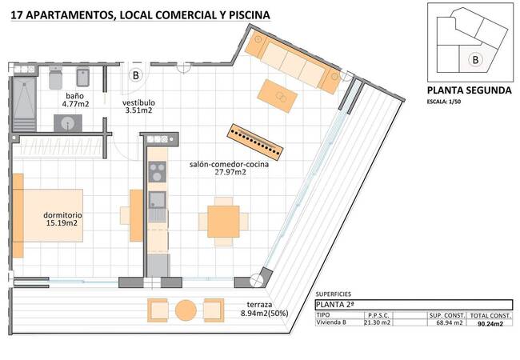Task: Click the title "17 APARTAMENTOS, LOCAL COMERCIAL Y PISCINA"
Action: [x=141, y=14]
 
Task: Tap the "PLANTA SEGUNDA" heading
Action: [x=468, y=90]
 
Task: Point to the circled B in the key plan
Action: [x=475, y=58]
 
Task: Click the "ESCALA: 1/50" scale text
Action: [x=447, y=102]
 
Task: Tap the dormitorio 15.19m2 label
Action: [x=62, y=219]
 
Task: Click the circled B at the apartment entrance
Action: [x=136, y=76]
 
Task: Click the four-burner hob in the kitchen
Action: [x=157, y=171]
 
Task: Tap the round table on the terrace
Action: [x=186, y=310]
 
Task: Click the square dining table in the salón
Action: [x=223, y=219]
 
